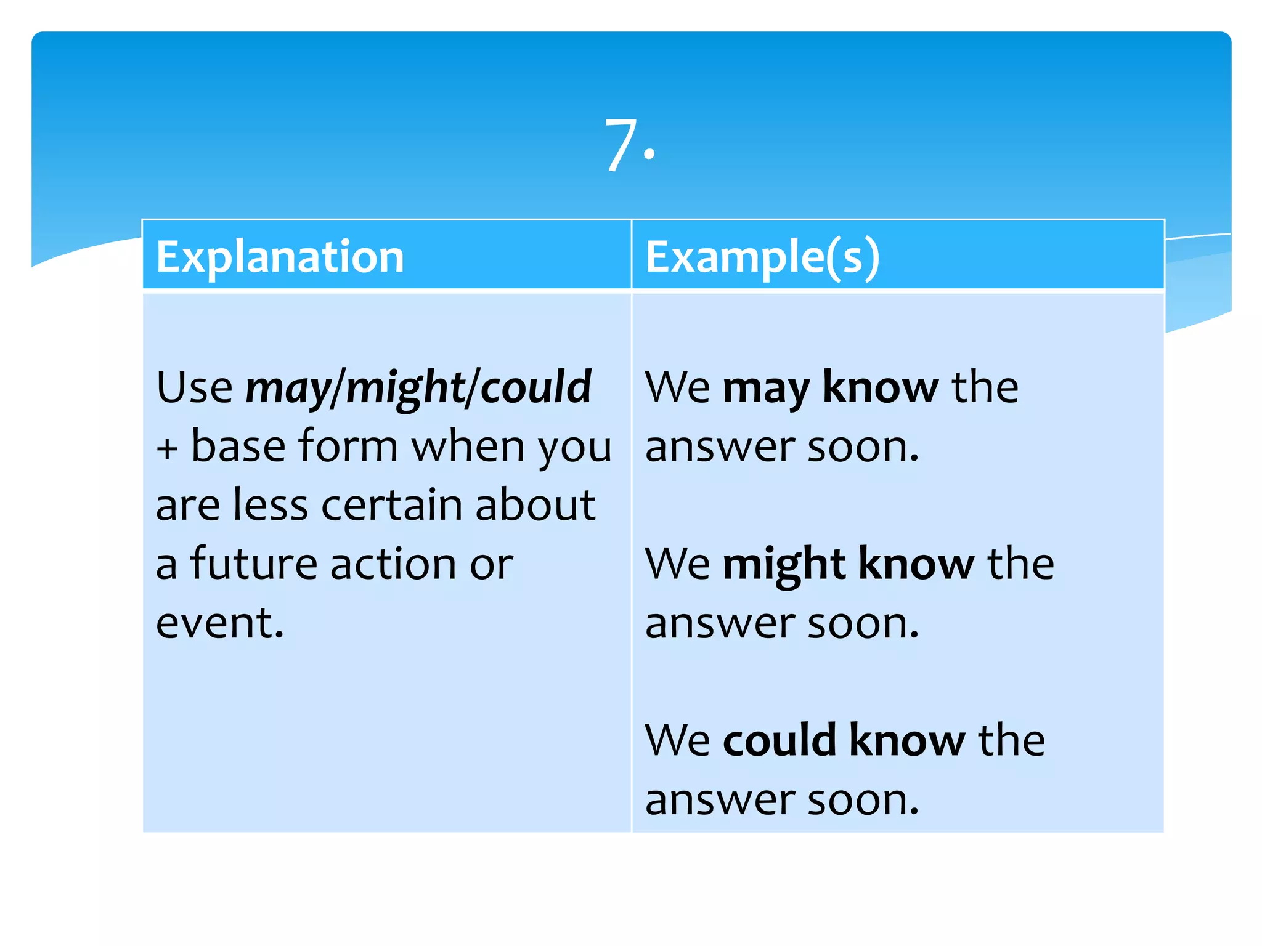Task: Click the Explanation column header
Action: coord(280,256)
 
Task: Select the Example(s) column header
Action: coord(762,256)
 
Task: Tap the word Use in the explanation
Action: coord(195,387)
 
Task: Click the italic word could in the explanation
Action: coord(535,387)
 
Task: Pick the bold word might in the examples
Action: coord(783,565)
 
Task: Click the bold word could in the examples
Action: coord(779,740)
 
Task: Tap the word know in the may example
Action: coord(881,387)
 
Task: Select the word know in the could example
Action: coord(907,740)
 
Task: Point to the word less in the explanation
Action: coord(271,505)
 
